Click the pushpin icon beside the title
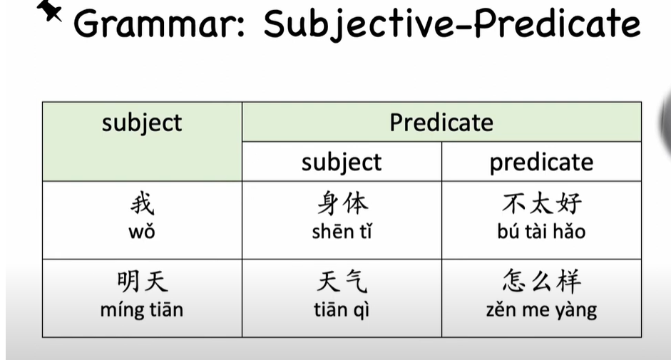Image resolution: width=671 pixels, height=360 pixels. [x=49, y=10]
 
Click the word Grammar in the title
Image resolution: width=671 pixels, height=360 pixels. [x=159, y=24]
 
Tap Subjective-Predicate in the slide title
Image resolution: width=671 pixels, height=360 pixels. [x=452, y=24]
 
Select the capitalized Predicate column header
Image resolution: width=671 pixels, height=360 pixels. [x=441, y=123]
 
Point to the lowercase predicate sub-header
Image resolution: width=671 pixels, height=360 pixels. [x=541, y=163]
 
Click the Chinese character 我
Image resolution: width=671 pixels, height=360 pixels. [x=142, y=203]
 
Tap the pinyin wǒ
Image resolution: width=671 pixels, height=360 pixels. [x=142, y=232]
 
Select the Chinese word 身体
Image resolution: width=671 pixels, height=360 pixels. [x=342, y=203]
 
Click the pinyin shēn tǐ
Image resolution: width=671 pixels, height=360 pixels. [x=342, y=232]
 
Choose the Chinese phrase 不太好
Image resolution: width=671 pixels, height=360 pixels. [x=542, y=203]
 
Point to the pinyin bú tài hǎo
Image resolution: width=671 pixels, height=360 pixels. [x=541, y=232]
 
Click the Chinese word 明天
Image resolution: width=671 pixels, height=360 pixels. [x=142, y=282]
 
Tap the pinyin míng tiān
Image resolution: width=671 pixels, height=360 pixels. [x=142, y=310]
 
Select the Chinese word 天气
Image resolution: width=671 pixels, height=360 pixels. [x=342, y=282]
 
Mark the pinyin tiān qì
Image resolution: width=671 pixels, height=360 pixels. [x=342, y=310]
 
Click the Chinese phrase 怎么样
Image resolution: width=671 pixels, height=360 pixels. [x=542, y=282]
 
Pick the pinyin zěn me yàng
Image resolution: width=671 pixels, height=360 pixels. [x=541, y=310]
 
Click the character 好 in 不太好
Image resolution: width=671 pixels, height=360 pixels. [x=569, y=203]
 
